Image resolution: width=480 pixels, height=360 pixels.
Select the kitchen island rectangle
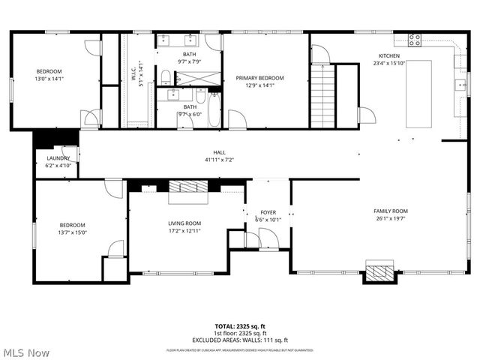(x=420, y=94)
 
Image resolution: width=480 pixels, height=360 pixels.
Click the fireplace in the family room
(x=379, y=271)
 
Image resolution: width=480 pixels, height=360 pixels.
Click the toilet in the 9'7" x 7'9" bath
(x=166, y=75)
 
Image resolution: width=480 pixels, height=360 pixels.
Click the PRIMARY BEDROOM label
(x=259, y=78)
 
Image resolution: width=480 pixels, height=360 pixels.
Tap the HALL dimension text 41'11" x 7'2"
(x=219, y=160)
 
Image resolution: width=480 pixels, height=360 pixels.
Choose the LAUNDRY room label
(x=58, y=158)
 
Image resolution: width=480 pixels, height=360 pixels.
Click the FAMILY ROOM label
(x=390, y=211)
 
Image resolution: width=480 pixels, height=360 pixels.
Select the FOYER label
(x=268, y=213)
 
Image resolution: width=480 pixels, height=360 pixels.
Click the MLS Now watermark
(x=25, y=352)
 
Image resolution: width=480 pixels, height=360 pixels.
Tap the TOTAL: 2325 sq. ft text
(x=241, y=327)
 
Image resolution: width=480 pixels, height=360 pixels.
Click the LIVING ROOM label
(x=184, y=223)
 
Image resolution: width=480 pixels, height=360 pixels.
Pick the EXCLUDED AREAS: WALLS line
(x=241, y=340)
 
